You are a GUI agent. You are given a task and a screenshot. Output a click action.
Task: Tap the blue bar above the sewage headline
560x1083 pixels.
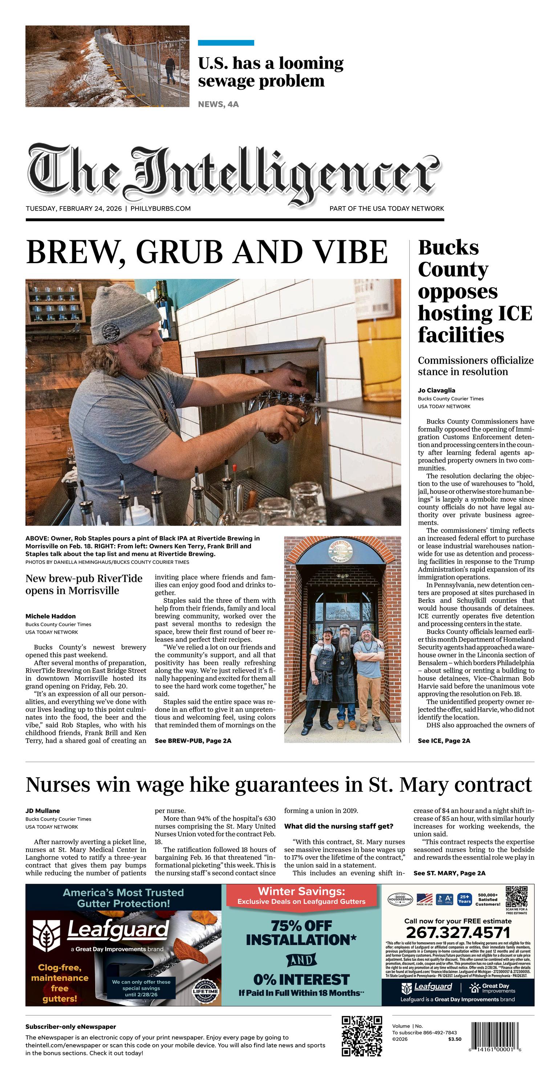pyautogui.click(x=226, y=43)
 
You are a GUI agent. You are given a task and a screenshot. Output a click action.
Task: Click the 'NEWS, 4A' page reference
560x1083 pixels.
pyautogui.click(x=218, y=104)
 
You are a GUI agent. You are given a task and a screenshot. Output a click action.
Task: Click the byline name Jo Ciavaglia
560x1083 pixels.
pyautogui.click(x=436, y=390)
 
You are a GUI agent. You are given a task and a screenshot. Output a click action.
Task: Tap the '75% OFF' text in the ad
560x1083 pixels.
pyautogui.click(x=301, y=925)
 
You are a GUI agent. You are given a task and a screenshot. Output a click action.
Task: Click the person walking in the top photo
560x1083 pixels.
pyautogui.click(x=170, y=70)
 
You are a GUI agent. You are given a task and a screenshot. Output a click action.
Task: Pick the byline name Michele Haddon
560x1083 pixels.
pyautogui.click(x=50, y=616)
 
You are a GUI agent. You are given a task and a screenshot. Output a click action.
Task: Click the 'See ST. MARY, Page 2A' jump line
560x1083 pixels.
pyautogui.click(x=449, y=873)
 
